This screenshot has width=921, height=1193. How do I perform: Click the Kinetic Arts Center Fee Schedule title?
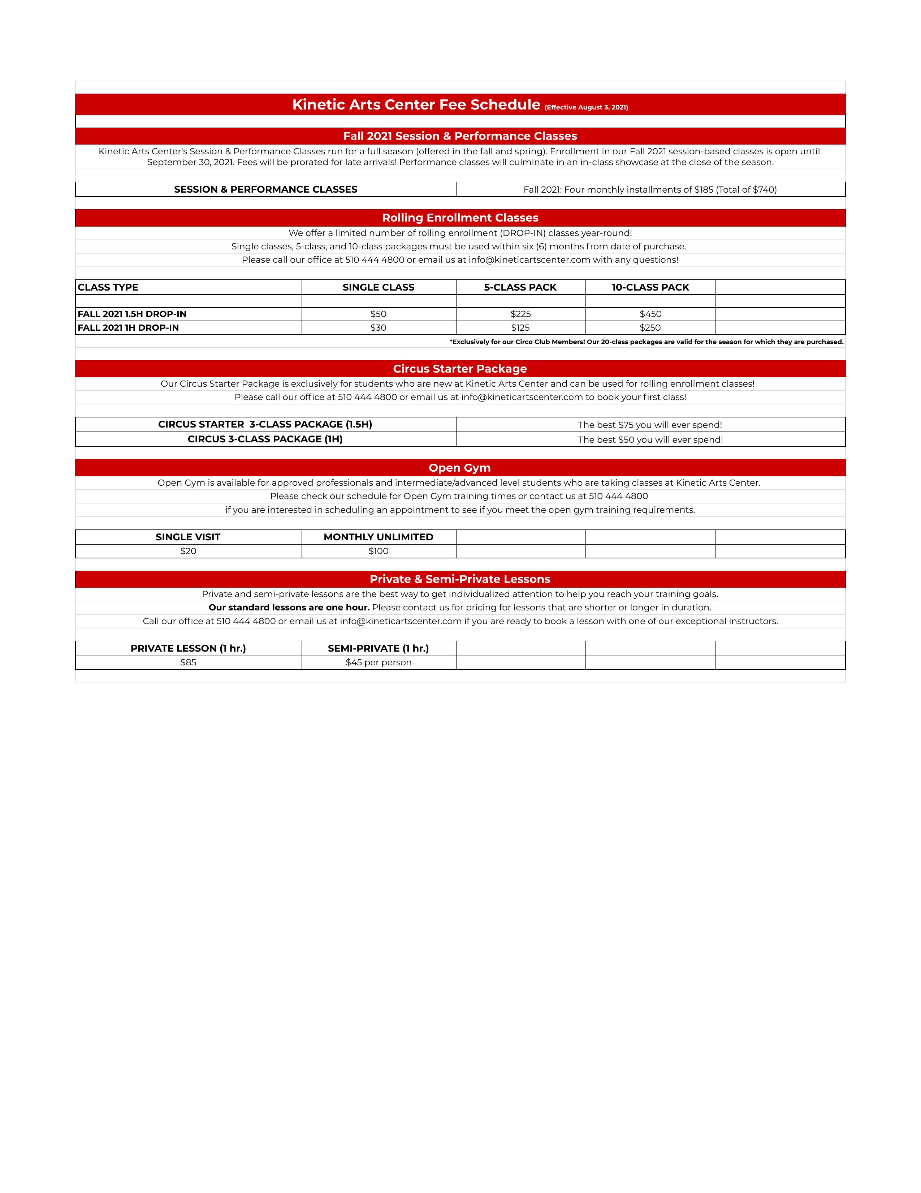[416, 104]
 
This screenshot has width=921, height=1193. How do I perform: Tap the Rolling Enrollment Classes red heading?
[460, 218]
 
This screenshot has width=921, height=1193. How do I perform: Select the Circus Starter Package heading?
[460, 369]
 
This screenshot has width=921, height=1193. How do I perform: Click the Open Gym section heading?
[460, 468]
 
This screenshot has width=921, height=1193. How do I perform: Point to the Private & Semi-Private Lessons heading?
[460, 579]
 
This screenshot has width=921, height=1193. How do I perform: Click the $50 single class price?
[379, 314]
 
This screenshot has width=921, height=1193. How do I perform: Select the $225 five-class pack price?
[520, 314]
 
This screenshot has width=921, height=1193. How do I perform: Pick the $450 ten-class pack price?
[650, 314]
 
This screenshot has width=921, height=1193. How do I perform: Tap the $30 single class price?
[379, 328]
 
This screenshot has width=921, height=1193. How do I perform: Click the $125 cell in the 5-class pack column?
[520, 328]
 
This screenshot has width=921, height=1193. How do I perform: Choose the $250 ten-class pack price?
[650, 328]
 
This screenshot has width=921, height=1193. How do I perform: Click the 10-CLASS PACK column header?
[650, 287]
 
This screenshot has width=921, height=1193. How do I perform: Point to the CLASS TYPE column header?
[108, 287]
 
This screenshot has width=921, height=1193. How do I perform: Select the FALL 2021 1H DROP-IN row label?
[128, 328]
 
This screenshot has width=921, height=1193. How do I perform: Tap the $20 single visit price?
[188, 551]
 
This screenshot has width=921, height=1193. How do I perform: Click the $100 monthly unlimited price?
[379, 551]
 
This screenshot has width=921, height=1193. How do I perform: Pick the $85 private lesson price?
[188, 662]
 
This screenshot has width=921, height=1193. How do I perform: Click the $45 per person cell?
[379, 662]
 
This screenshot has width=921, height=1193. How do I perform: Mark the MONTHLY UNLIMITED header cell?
[379, 537]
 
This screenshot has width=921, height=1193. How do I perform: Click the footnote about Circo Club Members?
[647, 342]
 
